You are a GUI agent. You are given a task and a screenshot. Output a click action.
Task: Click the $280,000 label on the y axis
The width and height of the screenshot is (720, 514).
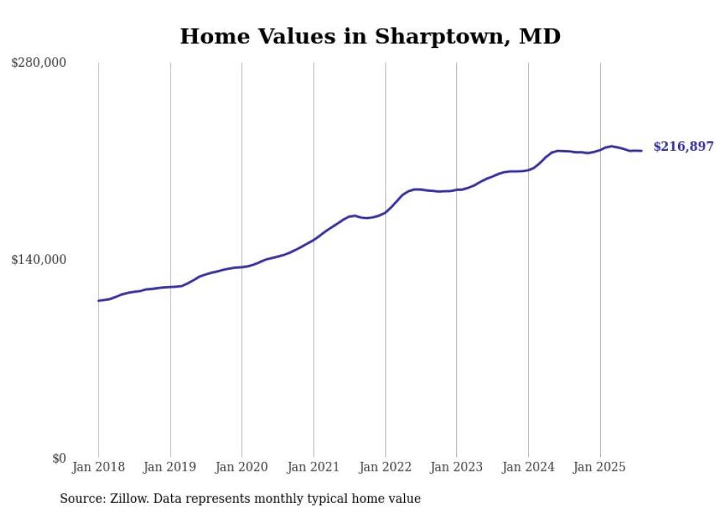click(x=39, y=63)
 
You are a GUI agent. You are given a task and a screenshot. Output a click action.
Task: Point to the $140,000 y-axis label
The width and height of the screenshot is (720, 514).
click(x=39, y=260)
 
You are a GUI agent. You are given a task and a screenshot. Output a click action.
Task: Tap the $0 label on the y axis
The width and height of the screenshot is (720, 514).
click(x=59, y=458)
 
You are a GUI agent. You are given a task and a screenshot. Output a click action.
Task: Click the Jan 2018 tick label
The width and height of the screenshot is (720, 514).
click(x=98, y=467)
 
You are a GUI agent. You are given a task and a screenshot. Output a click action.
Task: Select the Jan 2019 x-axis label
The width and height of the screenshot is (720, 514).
click(x=170, y=467)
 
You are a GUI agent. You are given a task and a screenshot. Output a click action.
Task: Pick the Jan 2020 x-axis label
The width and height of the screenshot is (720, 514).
click(x=242, y=467)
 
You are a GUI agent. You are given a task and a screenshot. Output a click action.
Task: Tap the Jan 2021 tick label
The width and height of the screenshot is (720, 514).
click(x=314, y=467)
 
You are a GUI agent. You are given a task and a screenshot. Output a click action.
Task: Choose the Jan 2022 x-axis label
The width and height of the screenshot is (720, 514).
click(x=385, y=467)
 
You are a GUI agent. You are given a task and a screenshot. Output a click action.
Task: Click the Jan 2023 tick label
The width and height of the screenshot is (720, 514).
click(x=456, y=467)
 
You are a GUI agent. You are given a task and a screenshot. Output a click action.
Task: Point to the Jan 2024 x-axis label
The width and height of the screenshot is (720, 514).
click(x=528, y=467)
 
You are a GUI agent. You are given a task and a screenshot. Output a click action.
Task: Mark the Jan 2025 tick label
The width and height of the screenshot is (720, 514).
click(x=600, y=467)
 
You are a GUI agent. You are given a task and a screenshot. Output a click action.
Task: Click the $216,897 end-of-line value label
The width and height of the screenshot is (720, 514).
click(x=683, y=147)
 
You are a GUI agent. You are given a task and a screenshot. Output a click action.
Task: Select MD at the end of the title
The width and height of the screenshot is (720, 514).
click(x=540, y=37)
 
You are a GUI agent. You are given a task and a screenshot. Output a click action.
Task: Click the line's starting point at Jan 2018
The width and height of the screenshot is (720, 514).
click(x=98, y=301)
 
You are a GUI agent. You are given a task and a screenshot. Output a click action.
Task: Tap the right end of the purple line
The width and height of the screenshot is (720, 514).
click(x=641, y=151)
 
